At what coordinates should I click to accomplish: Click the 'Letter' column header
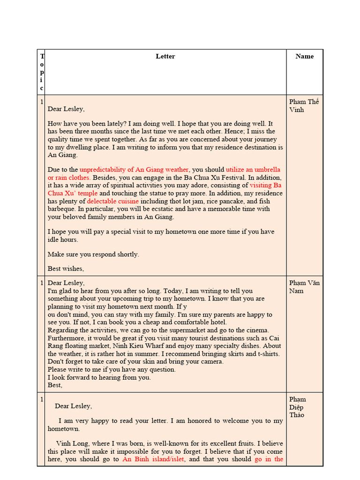click(x=165, y=56)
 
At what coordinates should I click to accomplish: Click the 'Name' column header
click(x=305, y=56)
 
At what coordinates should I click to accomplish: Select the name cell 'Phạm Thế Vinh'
click(x=304, y=105)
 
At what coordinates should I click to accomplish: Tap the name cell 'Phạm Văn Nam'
click(x=304, y=287)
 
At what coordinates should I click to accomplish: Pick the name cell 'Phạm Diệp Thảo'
click(x=297, y=407)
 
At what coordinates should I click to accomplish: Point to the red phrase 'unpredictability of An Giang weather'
click(x=134, y=170)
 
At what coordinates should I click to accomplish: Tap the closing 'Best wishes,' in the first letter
click(x=66, y=269)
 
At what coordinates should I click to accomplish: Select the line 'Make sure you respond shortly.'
click(x=93, y=254)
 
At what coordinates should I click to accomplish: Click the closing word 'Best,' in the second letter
click(x=55, y=385)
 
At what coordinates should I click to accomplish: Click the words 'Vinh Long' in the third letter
click(x=71, y=443)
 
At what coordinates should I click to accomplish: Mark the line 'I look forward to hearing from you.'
click(x=99, y=377)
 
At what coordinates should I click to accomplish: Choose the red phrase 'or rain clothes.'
click(x=69, y=178)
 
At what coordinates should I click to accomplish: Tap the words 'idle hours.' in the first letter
click(x=63, y=240)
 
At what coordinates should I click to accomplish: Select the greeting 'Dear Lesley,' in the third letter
click(x=73, y=406)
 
